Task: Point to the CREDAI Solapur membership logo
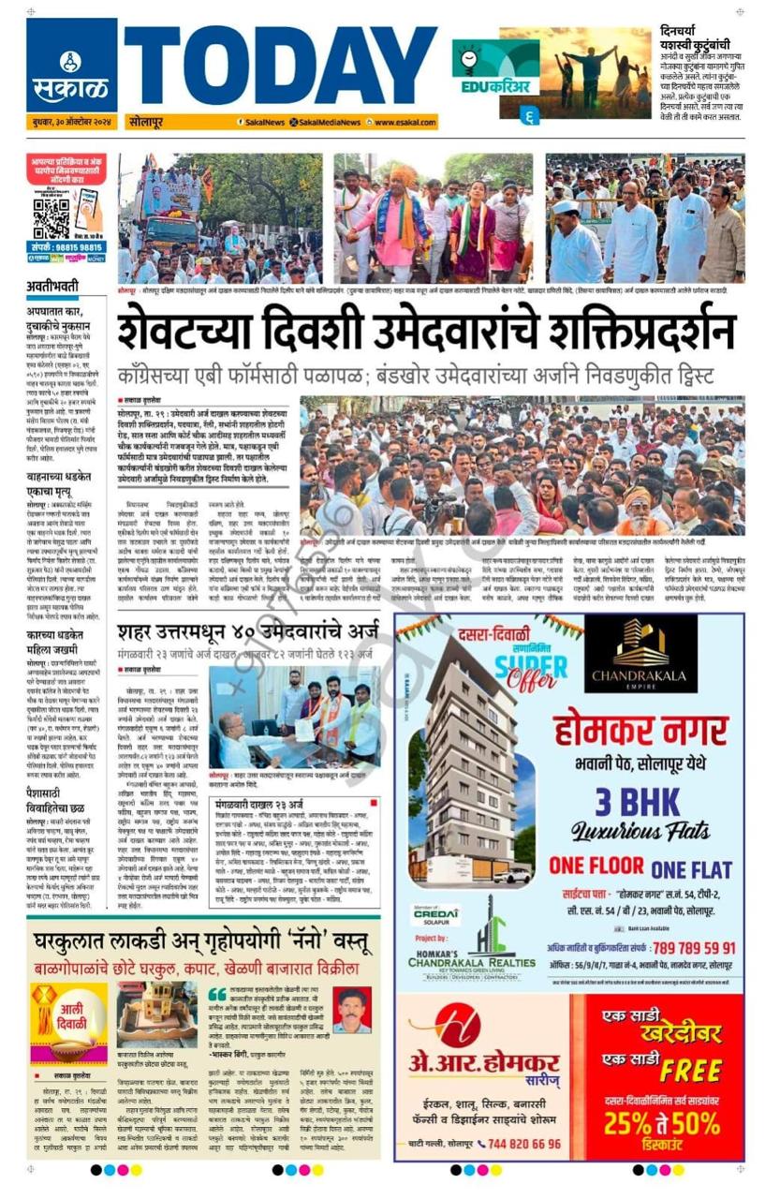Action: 436,915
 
